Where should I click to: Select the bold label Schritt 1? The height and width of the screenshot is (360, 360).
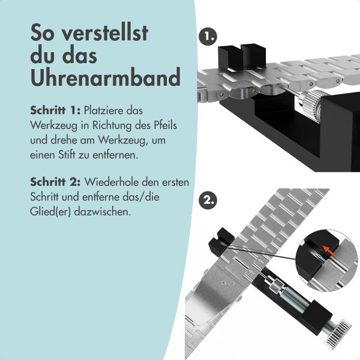click(55, 111)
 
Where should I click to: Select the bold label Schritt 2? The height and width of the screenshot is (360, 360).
click(55, 181)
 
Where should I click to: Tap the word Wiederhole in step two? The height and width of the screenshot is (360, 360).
click(109, 181)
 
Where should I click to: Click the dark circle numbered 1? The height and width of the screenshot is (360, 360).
click(208, 37)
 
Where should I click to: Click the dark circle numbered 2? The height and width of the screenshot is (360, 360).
click(208, 201)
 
